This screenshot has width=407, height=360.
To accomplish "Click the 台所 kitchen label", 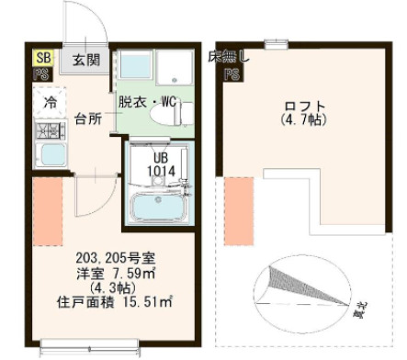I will (88, 118).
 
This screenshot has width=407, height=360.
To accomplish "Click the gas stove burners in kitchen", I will (47, 132).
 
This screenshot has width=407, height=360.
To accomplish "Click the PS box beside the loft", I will (232, 75).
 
